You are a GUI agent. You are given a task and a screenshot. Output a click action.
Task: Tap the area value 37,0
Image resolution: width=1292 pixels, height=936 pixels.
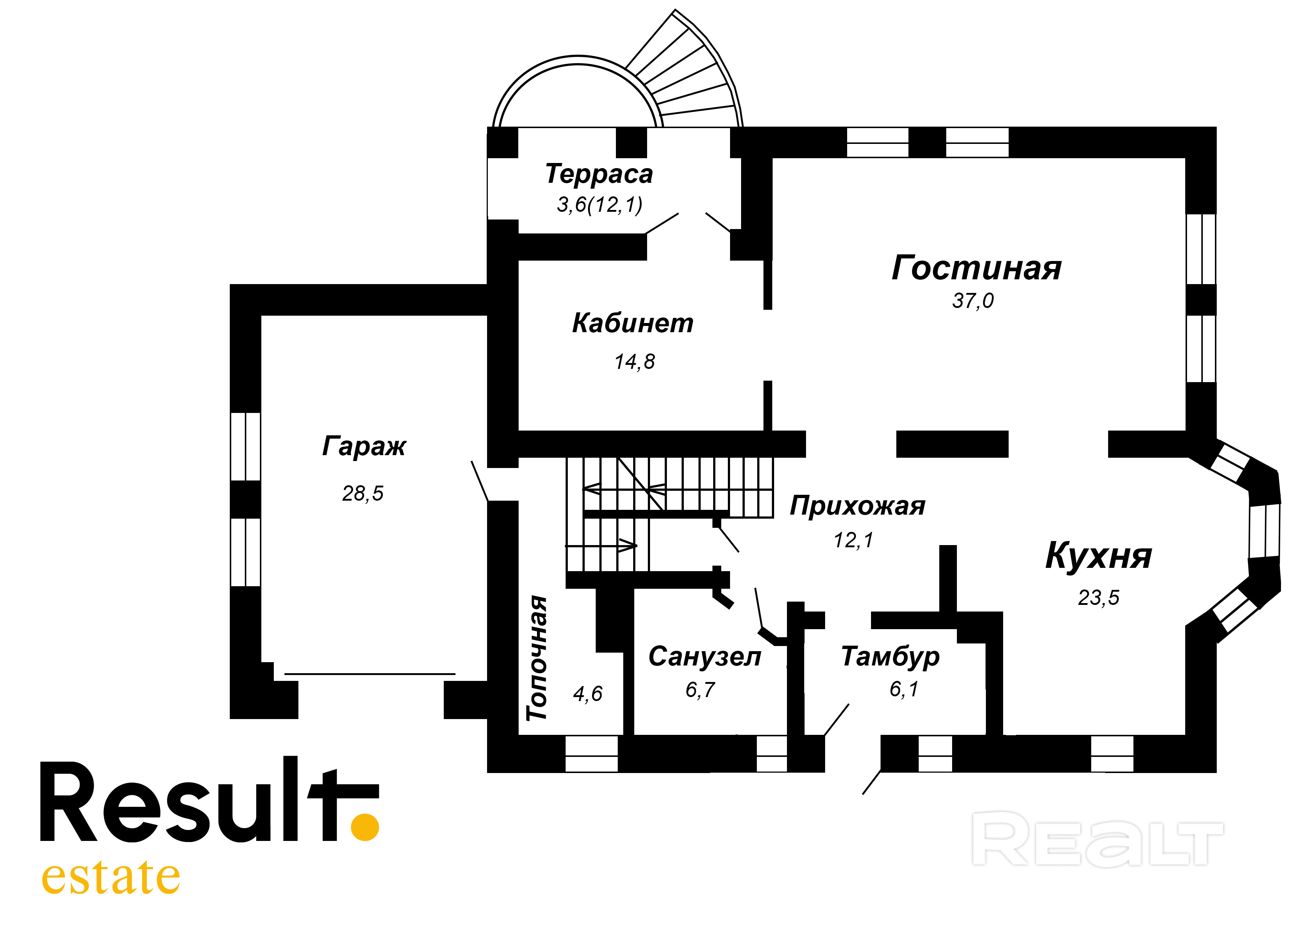click(972, 301)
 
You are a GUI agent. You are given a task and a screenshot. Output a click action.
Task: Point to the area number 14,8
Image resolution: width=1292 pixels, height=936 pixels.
click(634, 362)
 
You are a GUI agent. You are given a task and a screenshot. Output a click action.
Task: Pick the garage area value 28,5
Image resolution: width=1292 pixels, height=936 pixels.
click(362, 493)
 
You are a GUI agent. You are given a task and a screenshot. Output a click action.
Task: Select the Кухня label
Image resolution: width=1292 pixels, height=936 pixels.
click(1098, 556)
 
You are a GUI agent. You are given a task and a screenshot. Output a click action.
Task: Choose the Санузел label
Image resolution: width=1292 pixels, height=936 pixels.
click(704, 657)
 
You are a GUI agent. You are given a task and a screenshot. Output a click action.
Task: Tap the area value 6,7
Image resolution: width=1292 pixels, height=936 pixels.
click(700, 690)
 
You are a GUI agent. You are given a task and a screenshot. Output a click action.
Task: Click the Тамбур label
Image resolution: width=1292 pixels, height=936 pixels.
click(890, 657)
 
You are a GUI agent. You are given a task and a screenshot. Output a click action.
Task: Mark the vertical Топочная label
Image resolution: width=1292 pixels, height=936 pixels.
click(537, 658)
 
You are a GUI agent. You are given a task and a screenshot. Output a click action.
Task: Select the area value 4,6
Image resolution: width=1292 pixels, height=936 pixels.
click(587, 694)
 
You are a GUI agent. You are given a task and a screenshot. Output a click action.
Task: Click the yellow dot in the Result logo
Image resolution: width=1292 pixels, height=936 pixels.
click(364, 827)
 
